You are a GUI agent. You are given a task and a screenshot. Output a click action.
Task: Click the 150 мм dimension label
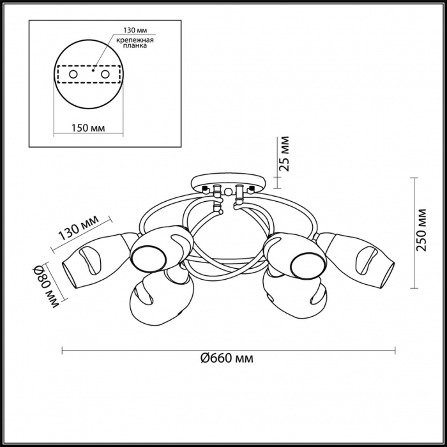[x=88, y=128]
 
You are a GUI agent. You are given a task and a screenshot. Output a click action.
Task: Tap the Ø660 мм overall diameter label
[x=227, y=358]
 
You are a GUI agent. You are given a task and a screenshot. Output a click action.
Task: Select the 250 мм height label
[x=421, y=230]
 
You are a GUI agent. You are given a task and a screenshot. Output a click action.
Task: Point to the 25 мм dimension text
[x=284, y=154]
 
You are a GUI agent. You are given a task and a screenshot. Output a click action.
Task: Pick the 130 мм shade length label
[x=79, y=228]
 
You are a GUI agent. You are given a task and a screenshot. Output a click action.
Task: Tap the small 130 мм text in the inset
[x=135, y=30]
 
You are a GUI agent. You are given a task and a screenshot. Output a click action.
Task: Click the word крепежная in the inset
[x=135, y=40]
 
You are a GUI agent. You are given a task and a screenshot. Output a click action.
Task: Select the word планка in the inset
[x=135, y=45]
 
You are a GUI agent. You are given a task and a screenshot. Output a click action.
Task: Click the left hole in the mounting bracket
[x=73, y=75]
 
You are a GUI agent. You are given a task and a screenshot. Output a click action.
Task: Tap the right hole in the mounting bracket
[x=105, y=75]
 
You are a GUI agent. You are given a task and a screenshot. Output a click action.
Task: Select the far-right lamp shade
[x=357, y=258]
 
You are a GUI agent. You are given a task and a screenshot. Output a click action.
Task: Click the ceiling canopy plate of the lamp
[x=229, y=183]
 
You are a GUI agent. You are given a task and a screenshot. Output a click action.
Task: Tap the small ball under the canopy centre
[x=227, y=192]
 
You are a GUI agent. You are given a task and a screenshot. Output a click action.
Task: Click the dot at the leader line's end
[x=93, y=70]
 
